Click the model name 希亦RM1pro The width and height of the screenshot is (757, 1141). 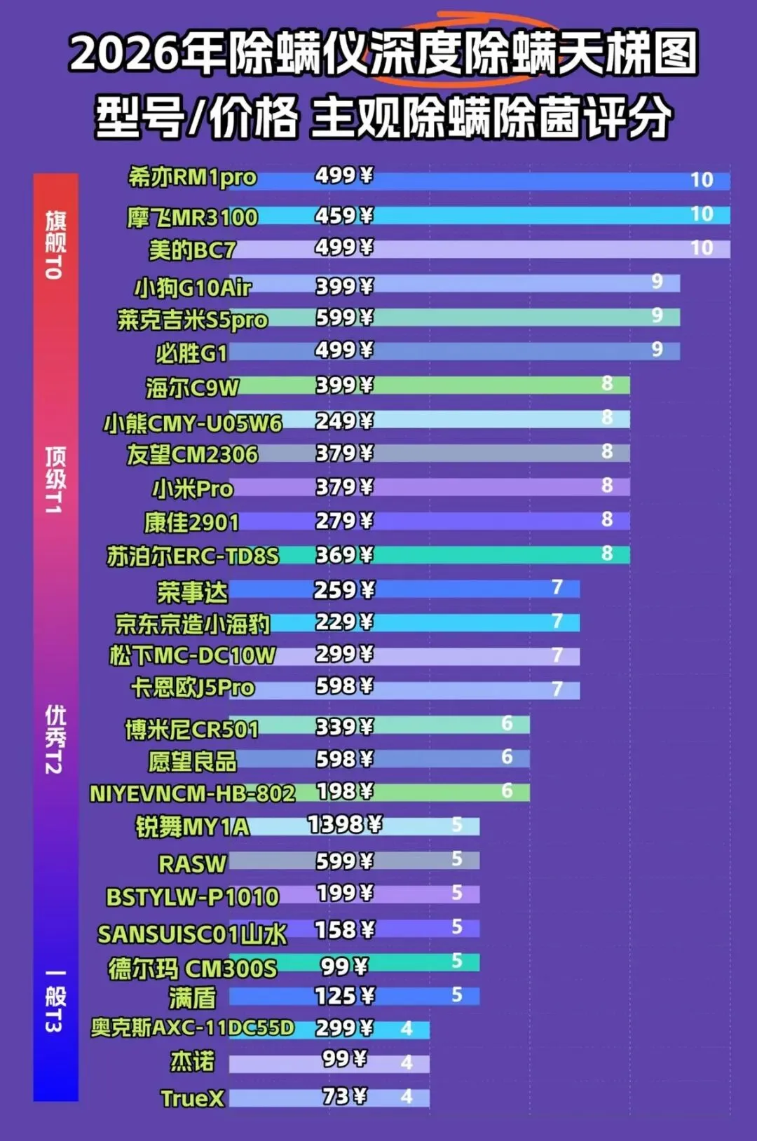click(193, 178)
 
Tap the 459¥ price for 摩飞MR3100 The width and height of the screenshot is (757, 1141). click(344, 216)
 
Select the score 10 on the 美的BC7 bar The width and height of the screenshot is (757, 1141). click(702, 248)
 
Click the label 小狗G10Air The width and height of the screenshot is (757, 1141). click(193, 288)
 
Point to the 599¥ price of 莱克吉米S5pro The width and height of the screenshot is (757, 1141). click(344, 318)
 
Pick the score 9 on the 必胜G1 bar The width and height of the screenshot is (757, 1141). click(657, 350)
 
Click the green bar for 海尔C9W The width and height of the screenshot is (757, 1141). click(430, 385)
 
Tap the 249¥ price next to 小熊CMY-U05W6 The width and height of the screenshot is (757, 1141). click(344, 421)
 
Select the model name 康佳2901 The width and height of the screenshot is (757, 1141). click(191, 523)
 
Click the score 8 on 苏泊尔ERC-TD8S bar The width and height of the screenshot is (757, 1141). click(607, 554)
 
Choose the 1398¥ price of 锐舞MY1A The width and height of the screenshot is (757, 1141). click(344, 824)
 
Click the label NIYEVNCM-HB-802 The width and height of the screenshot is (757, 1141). click(192, 793)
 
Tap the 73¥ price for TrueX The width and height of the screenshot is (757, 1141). click(344, 1095)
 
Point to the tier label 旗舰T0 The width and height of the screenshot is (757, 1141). click(55, 245)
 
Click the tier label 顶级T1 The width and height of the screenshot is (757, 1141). click(55, 480)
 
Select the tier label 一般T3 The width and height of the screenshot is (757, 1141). click(55, 1002)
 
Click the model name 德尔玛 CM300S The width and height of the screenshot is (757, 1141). click(193, 969)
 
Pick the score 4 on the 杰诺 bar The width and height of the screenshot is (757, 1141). click(407, 1063)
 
